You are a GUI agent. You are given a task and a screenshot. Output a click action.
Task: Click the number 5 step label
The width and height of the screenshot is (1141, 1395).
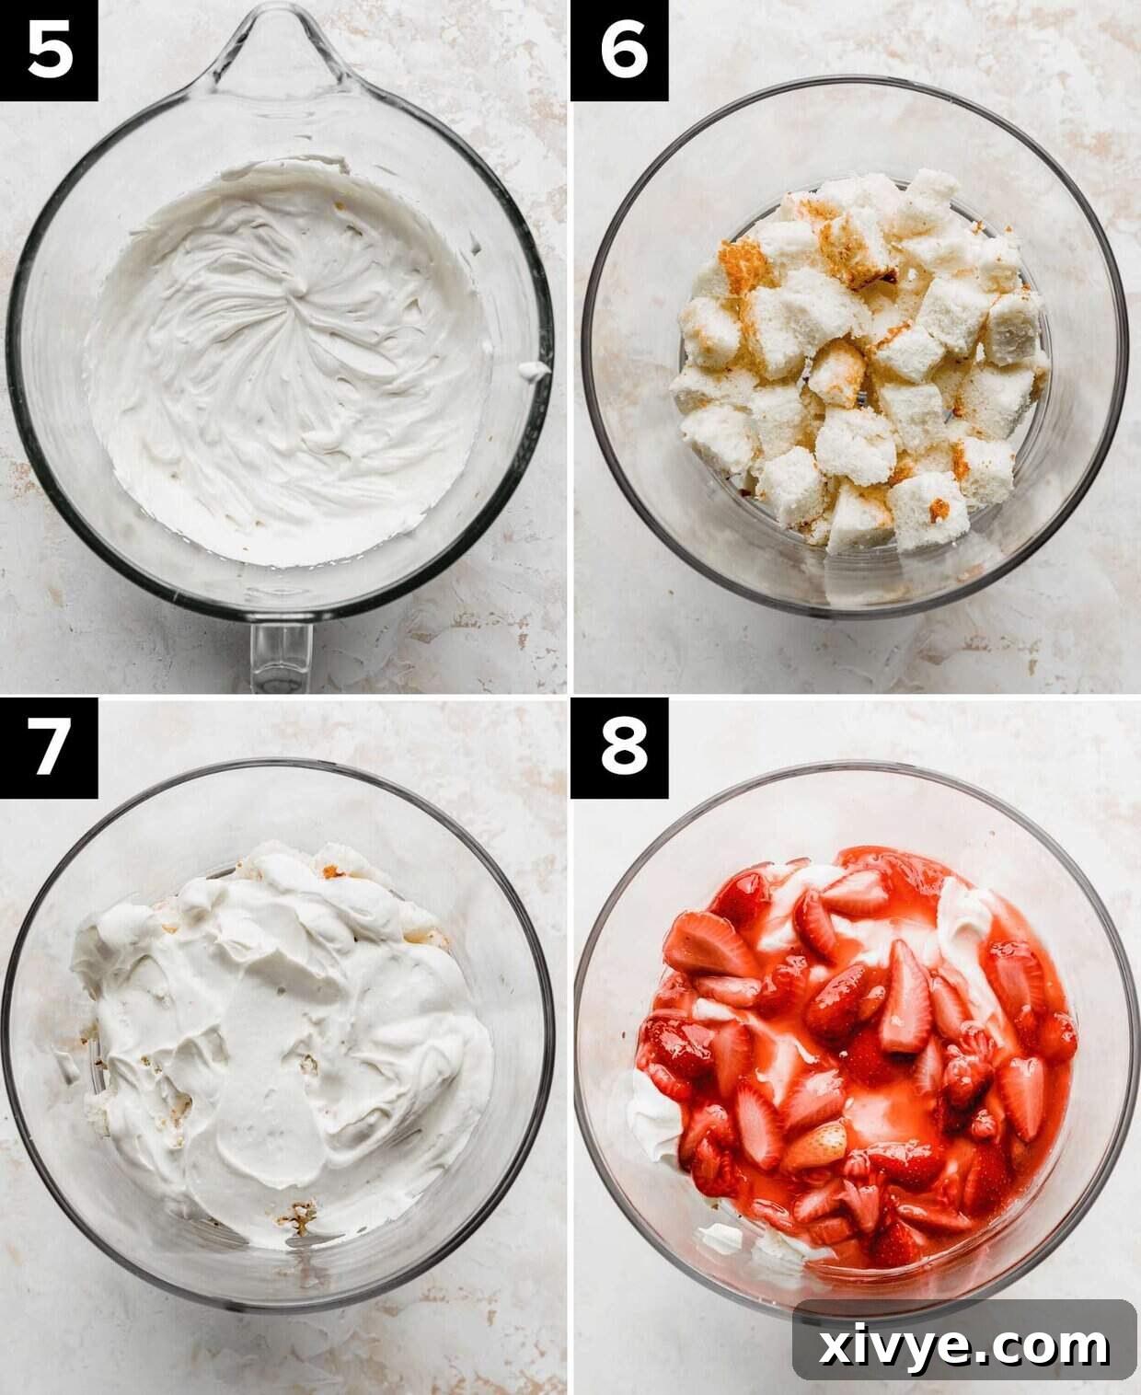49,50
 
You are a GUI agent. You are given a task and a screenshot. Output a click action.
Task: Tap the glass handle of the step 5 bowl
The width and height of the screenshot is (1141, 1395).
281,655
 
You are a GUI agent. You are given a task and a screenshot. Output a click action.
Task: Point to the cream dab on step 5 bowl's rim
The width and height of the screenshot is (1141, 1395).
532,371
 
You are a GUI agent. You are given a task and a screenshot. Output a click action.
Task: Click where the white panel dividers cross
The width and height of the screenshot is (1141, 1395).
570,697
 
